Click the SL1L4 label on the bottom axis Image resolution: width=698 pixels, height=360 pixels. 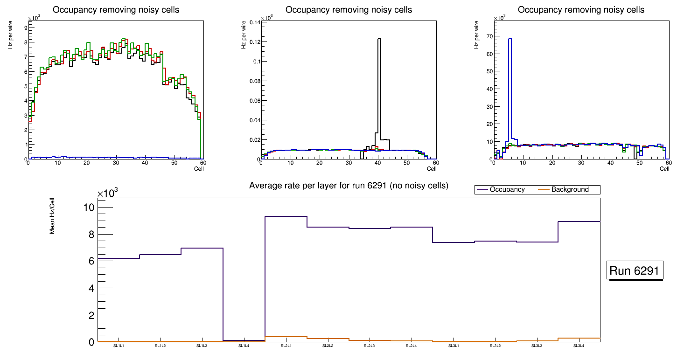point(244,346)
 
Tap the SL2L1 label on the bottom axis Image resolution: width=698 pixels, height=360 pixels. point(286,346)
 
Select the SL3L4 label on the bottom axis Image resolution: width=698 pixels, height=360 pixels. point(579,346)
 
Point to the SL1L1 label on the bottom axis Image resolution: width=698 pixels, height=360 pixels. point(119,346)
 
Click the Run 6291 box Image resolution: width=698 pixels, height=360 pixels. point(635,271)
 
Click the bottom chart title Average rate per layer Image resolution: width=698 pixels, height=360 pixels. point(349,186)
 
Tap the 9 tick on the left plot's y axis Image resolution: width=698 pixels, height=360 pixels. point(25,28)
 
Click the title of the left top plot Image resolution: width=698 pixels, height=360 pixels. point(116,10)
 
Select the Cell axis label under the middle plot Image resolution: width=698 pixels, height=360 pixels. point(432,169)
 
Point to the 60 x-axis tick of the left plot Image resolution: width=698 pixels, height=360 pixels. point(203,163)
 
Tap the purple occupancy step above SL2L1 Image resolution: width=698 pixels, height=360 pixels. point(286,216)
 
